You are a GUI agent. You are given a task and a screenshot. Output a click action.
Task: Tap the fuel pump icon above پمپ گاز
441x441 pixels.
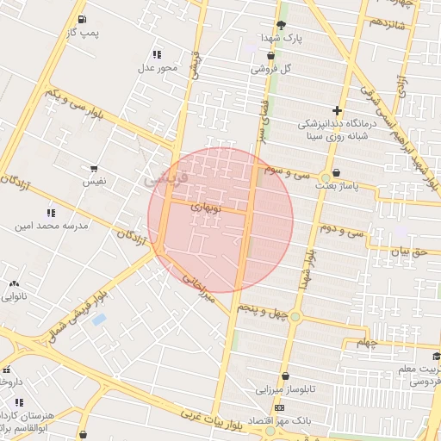click(x=81, y=19)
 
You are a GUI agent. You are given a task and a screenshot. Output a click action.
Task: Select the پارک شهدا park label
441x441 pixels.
click(x=283, y=38)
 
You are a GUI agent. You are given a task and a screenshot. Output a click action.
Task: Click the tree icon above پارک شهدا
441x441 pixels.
click(x=280, y=25)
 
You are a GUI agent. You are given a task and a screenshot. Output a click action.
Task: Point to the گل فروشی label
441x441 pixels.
click(x=270, y=68)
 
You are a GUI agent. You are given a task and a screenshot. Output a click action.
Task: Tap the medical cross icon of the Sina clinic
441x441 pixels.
click(x=337, y=110)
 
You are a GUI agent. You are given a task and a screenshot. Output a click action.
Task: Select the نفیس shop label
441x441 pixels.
click(x=94, y=182)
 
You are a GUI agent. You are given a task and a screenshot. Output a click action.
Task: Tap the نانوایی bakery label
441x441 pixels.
click(x=16, y=297)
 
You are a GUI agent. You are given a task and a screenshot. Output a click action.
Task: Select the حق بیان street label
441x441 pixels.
click(x=408, y=252)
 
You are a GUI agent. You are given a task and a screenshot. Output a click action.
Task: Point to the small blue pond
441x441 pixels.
click(x=99, y=320)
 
